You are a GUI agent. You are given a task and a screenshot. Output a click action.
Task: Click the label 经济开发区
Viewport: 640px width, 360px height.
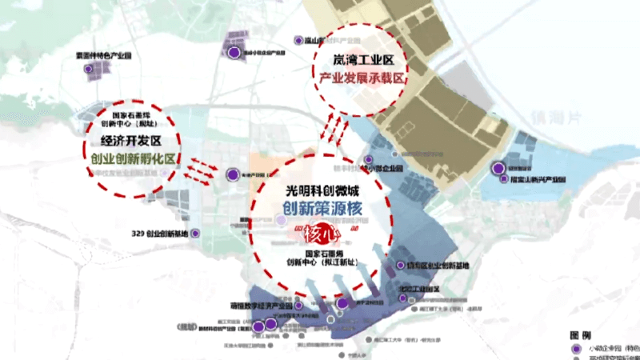click(128, 142)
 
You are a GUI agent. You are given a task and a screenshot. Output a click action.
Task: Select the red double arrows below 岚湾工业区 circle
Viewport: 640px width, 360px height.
click(335, 128)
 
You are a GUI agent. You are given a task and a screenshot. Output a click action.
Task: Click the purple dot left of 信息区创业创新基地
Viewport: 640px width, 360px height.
click(401, 265)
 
